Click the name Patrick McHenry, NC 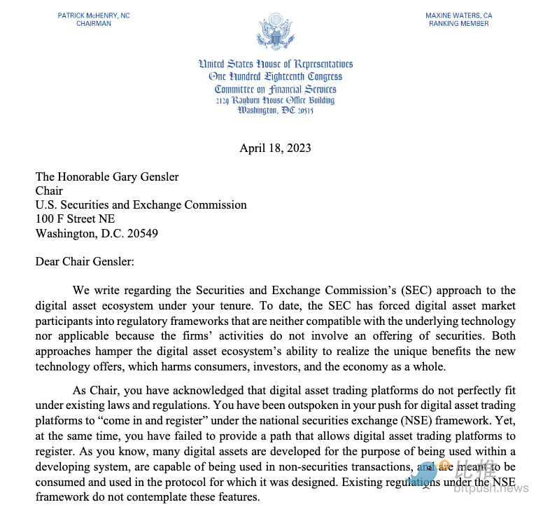(93, 15)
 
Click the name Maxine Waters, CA (458, 15)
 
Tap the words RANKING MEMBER (458, 24)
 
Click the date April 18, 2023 (275, 148)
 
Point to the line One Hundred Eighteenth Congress (275, 76)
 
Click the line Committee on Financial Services (275, 89)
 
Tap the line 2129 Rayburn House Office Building (275, 100)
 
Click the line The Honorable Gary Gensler (107, 176)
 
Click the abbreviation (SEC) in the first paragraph (436, 290)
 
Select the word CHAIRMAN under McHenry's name (93, 24)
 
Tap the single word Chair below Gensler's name (48, 190)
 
